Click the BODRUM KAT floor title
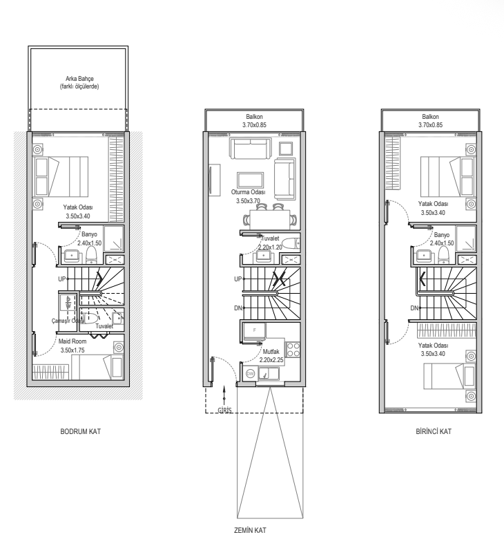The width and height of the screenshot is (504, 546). (x=80, y=431)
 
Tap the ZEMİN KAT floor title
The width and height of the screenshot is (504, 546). (x=250, y=530)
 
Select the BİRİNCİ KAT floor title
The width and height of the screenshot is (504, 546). (x=434, y=431)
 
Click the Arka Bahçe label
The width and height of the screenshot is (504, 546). (x=79, y=79)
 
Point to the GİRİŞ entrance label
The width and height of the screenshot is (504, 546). (x=224, y=411)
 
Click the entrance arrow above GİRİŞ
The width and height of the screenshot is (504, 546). (x=224, y=395)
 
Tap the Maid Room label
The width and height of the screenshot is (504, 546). (x=72, y=341)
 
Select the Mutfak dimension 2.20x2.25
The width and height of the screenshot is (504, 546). (x=271, y=360)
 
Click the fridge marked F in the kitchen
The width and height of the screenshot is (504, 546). (x=254, y=330)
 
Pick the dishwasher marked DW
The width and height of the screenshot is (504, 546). (x=250, y=374)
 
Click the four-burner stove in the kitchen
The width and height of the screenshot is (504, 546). (x=293, y=350)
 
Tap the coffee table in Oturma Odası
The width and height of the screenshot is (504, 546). (x=251, y=180)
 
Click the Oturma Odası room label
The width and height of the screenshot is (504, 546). (x=249, y=192)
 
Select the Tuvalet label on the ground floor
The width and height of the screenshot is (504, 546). (x=270, y=238)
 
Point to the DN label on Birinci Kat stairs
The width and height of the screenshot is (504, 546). (x=414, y=308)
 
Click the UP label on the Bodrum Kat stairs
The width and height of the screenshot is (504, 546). (x=62, y=279)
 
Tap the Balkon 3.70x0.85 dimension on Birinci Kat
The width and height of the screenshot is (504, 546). (x=431, y=125)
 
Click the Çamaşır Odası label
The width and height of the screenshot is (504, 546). (x=68, y=321)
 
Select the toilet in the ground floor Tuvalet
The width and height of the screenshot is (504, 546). (x=291, y=243)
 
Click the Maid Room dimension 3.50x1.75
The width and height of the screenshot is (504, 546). (x=72, y=350)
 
